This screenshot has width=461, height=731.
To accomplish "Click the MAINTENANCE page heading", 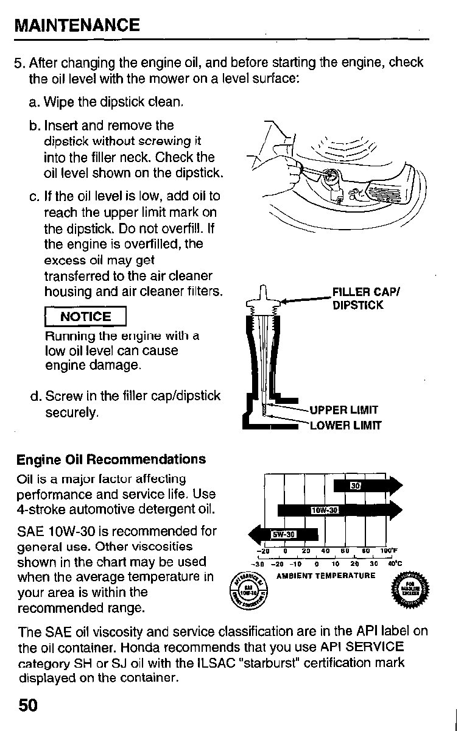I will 77,25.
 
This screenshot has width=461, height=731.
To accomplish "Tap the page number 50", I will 28,705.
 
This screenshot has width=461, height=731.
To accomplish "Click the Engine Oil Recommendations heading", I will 111,459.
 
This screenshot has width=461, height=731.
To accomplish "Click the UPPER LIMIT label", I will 344,410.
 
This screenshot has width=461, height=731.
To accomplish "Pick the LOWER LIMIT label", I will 345,425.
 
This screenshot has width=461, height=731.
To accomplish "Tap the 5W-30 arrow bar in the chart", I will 282,534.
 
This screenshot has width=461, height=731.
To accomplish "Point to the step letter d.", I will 34,397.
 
